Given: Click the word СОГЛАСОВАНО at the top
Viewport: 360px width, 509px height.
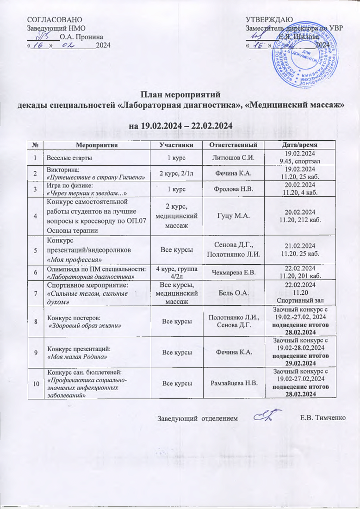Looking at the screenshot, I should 55,19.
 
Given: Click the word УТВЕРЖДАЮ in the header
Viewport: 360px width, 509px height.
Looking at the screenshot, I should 268,19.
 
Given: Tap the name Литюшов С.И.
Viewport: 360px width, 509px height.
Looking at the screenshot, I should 230,158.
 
